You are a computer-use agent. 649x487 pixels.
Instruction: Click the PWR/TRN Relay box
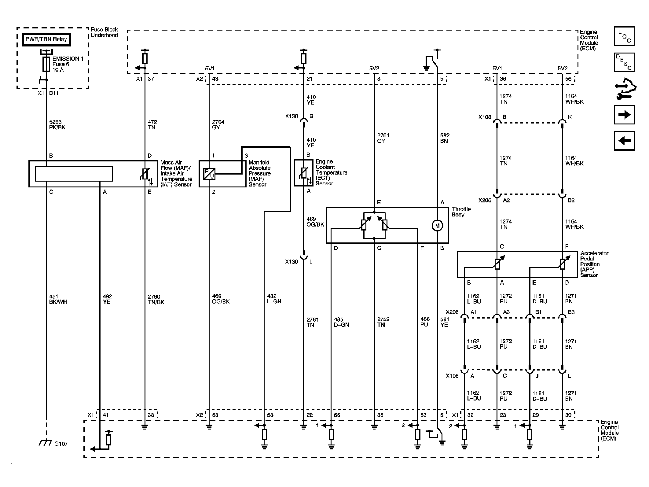coord(46,39)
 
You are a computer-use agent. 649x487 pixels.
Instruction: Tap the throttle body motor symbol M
coord(437,226)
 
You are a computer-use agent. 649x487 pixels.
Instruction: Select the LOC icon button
coord(624,36)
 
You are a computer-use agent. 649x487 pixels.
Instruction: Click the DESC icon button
coord(624,62)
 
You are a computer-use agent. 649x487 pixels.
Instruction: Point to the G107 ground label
coord(61,444)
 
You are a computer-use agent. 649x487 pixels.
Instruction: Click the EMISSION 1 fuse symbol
coord(46,64)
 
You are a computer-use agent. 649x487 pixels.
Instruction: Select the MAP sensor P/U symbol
coord(209,174)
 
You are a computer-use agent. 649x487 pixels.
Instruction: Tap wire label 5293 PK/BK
coord(57,125)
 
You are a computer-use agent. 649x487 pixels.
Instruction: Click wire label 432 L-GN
coord(274,299)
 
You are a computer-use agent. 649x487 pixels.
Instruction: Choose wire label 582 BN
coord(445,138)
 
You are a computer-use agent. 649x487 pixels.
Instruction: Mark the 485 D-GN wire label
coord(341,322)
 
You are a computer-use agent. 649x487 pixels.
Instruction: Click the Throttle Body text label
coord(461,212)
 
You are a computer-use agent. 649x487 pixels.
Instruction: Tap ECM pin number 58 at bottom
coord(270,415)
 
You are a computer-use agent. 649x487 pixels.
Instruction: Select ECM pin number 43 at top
coord(215,79)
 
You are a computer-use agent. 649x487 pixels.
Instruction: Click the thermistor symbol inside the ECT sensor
coord(303,173)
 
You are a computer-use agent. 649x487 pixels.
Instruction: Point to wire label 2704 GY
coord(218,125)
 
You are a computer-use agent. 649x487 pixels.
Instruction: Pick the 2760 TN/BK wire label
coord(156,299)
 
